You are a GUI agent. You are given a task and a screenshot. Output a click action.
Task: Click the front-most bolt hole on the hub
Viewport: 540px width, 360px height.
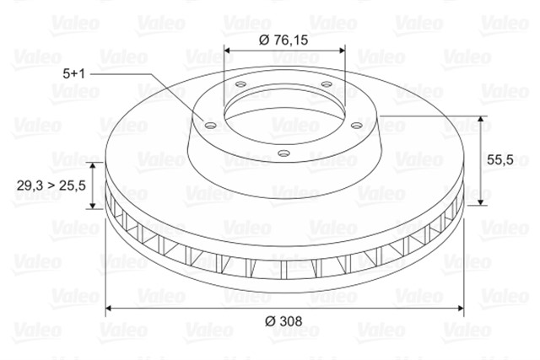coord(284,153)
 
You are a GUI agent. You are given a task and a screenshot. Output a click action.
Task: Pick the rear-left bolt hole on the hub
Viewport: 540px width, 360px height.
coord(240,84)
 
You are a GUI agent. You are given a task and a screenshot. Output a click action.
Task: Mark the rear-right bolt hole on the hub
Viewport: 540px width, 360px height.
coord(326,84)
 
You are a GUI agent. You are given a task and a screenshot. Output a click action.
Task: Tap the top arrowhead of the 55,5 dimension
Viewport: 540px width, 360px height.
coord(482,120)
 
